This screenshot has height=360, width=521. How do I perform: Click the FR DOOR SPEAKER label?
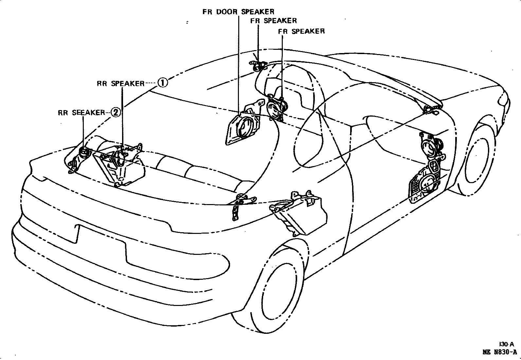click(x=238, y=12)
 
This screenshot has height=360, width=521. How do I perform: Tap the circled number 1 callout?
click(x=163, y=83)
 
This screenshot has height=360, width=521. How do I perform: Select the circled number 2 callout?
click(x=116, y=112)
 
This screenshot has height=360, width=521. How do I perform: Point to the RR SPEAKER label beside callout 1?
click(x=120, y=84)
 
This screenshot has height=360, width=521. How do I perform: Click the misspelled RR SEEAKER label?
click(x=81, y=113)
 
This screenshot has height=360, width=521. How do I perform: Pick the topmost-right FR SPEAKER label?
click(x=301, y=31)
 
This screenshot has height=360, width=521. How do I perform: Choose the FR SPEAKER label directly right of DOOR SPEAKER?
click(x=273, y=21)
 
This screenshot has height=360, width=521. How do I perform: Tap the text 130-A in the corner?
click(x=506, y=344)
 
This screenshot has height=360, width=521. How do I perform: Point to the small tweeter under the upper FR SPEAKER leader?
click(x=258, y=67)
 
